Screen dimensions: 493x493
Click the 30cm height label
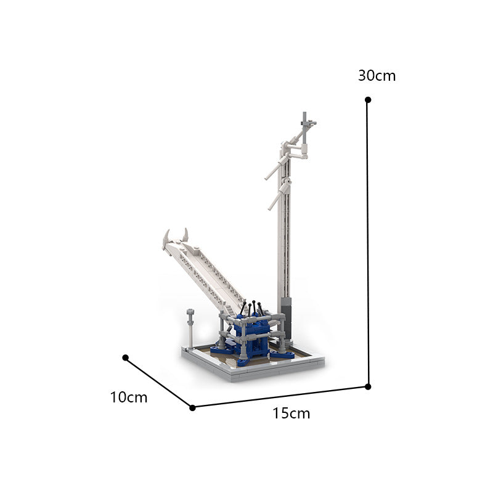[377, 76]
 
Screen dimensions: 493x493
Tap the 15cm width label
[291, 413]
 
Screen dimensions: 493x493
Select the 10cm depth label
[129, 397]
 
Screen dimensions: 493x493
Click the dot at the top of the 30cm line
[368, 99]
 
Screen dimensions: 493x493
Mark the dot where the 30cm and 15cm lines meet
[368, 386]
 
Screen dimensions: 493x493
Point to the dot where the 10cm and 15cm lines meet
[192, 407]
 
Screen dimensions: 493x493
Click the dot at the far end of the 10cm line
[126, 357]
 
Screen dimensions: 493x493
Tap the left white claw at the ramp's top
[166, 237]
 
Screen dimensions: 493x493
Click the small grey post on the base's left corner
[190, 327]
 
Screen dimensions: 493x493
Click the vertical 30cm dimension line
[369, 246]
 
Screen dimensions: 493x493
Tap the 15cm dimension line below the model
[280, 397]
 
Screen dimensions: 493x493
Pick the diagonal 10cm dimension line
[159, 383]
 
